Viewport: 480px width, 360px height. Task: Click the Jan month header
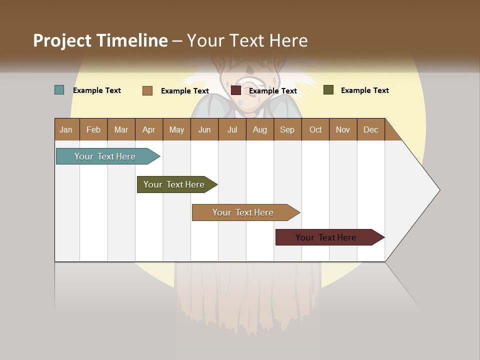click(x=66, y=129)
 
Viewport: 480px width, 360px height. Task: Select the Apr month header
click(x=148, y=129)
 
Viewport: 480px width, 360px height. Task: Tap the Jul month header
click(x=232, y=129)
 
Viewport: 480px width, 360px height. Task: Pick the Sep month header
click(x=287, y=129)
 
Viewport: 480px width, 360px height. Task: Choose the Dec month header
click(x=370, y=129)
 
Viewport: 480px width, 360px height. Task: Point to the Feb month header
click(x=93, y=129)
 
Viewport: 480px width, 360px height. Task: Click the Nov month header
click(x=342, y=129)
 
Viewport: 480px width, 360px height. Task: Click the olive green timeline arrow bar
click(x=175, y=184)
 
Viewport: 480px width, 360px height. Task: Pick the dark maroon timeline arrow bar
click(x=327, y=237)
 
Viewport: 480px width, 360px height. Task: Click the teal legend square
click(x=59, y=90)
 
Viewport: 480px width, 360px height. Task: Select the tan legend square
click(x=147, y=90)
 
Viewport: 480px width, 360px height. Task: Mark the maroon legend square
click(x=236, y=90)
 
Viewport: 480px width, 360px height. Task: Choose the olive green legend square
click(x=328, y=90)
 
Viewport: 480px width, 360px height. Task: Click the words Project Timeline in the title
click(x=100, y=40)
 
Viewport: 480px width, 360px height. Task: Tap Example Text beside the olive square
click(x=364, y=90)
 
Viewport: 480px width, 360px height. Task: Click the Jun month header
click(x=204, y=129)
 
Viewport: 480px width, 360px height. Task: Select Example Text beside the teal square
click(x=97, y=90)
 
